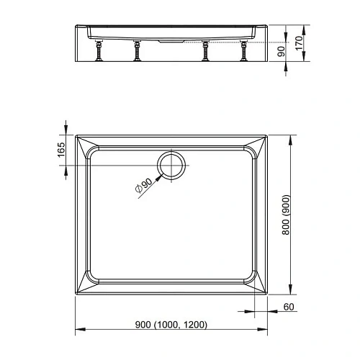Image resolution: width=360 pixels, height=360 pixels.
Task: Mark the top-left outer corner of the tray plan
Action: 76,134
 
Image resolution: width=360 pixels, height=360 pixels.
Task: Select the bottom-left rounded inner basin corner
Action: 92,279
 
